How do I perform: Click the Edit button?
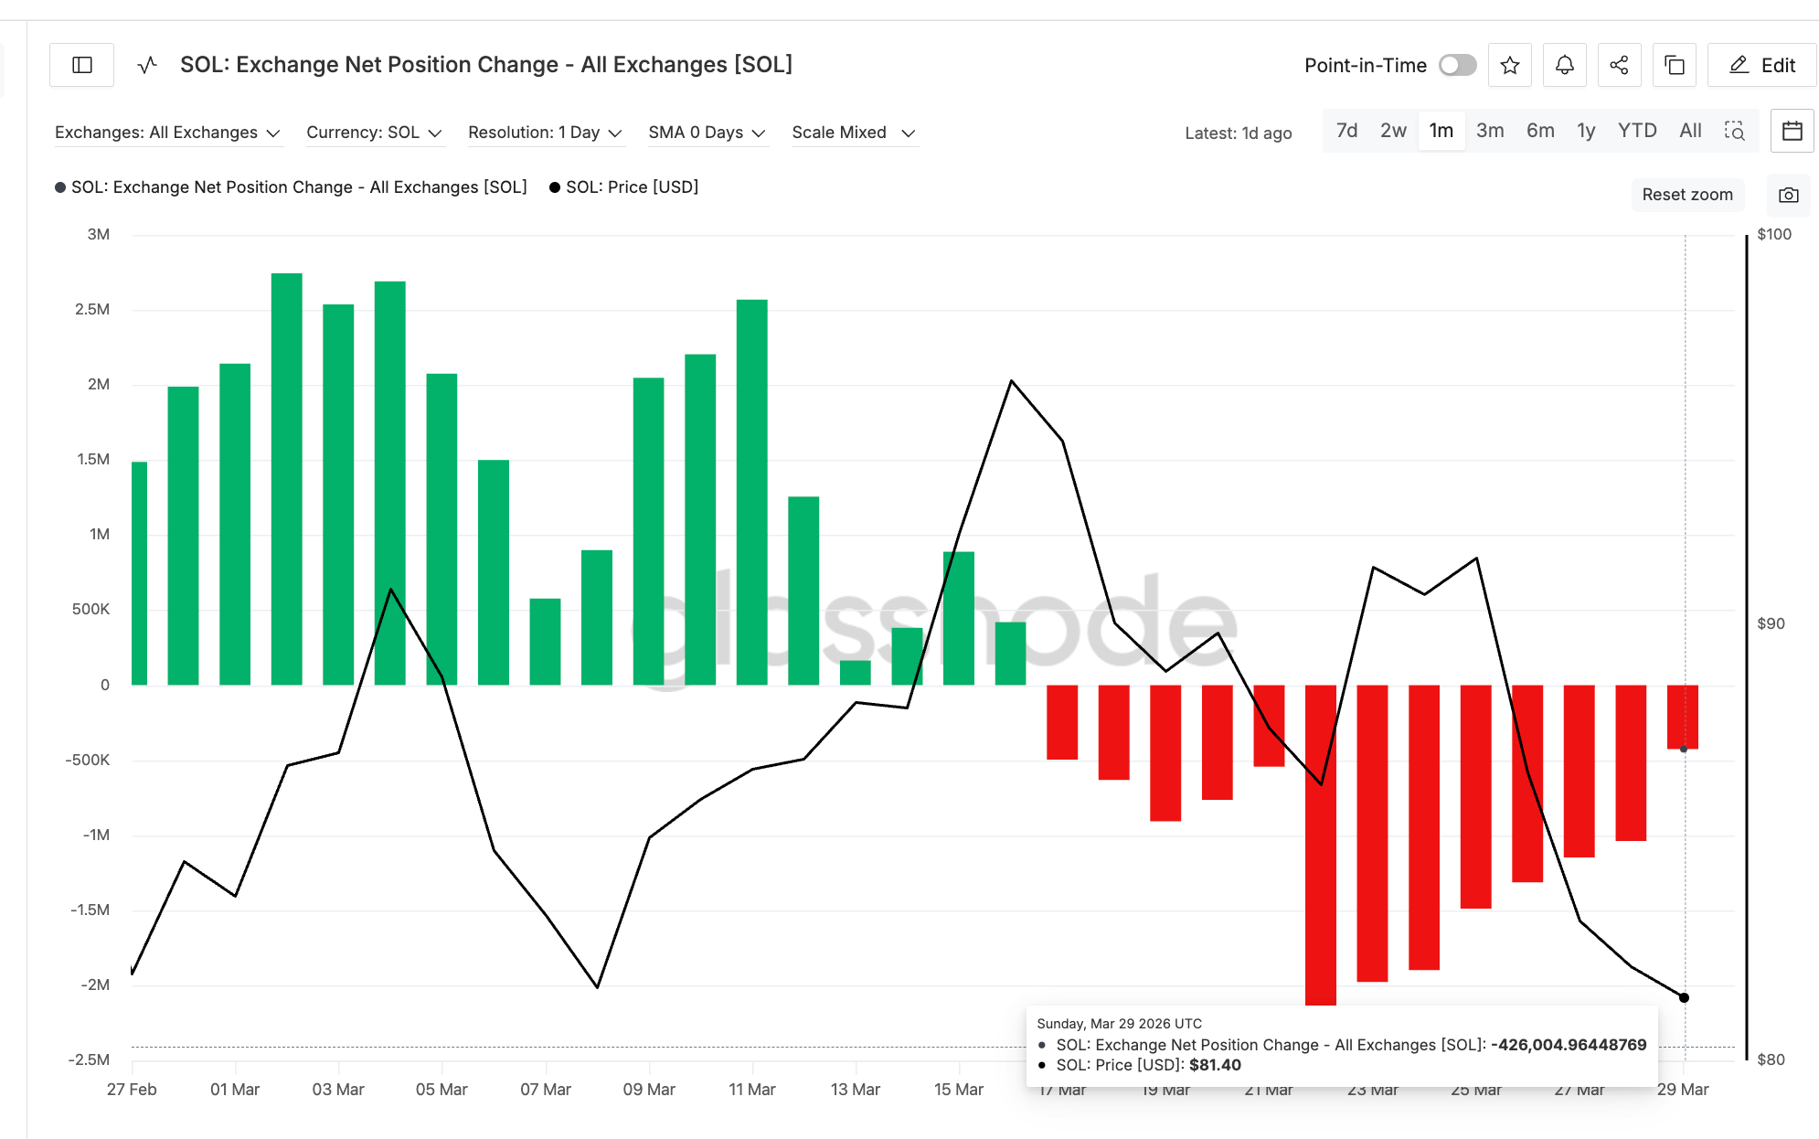coord(1761,65)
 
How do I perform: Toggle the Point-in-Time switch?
coord(1457,65)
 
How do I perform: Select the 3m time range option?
coord(1489,131)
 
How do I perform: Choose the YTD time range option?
coord(1636,131)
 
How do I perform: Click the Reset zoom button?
coord(1686,195)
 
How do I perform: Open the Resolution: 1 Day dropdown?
coord(545,133)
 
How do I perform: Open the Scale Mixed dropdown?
coord(853,133)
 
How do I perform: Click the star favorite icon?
coord(1509,65)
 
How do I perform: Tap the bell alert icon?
coord(1564,65)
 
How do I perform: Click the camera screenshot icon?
coord(1788,195)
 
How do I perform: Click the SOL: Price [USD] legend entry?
coord(632,187)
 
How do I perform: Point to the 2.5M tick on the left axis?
coord(92,309)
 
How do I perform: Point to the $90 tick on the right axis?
coord(1771,623)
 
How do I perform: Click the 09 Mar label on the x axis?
coord(649,1090)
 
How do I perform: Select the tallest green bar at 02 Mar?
coord(286,479)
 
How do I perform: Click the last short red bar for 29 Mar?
coord(1682,717)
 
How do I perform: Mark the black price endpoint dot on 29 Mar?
coord(1684,997)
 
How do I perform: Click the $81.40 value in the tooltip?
coord(1215,1065)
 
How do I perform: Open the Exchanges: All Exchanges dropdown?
coord(167,133)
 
